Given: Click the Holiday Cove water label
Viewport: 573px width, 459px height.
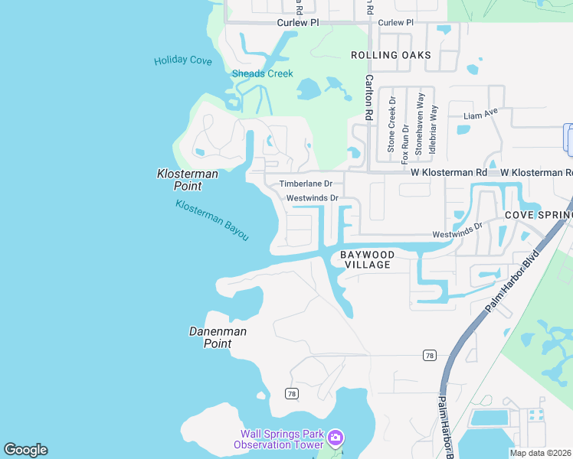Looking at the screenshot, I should click(x=182, y=60).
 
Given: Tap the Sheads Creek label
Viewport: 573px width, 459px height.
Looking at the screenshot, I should click(x=263, y=74).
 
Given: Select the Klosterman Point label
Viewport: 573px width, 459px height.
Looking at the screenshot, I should click(x=188, y=180).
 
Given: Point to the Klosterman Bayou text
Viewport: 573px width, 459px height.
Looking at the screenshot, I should click(x=212, y=220).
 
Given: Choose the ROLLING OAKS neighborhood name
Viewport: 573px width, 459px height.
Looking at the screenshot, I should click(x=391, y=55).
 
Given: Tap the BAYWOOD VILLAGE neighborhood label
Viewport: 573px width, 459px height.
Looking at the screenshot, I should click(x=367, y=259).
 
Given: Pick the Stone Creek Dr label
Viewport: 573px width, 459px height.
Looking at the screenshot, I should click(x=391, y=124).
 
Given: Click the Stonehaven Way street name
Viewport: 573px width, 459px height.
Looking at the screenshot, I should click(x=420, y=124).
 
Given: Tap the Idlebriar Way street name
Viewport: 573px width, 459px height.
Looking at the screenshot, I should click(x=433, y=129).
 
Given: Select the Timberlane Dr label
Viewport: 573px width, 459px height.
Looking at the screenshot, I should click(x=306, y=184).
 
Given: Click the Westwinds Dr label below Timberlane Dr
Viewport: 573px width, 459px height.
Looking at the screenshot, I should click(x=312, y=198).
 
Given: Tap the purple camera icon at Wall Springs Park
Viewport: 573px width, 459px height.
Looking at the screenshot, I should click(x=335, y=438).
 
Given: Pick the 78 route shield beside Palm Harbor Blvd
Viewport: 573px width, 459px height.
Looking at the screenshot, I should click(x=430, y=355).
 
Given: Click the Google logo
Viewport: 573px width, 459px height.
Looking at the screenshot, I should click(x=25, y=450).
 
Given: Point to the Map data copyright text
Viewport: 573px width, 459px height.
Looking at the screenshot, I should click(x=541, y=453).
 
